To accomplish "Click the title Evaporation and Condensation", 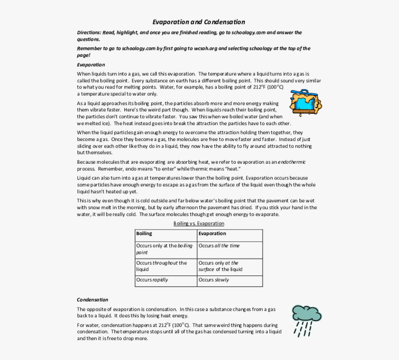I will (x=199, y=22).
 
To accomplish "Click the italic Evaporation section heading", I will (x=91, y=64).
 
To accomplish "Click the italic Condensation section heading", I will (x=92, y=300).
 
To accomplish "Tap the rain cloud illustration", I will (x=306, y=320).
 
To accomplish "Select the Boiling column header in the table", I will (x=144, y=234).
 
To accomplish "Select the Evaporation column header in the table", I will (x=212, y=234).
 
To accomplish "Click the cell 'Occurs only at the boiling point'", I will (x=165, y=249).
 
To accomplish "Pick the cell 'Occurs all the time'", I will (x=229, y=246).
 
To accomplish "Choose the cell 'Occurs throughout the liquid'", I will (x=165, y=266).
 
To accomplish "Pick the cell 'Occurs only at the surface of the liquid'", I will (x=229, y=266).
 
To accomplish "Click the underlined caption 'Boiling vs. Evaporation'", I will (x=199, y=224).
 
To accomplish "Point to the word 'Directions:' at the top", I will (x=89, y=33).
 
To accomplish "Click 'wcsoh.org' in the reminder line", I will (x=204, y=48).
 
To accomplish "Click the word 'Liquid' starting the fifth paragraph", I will (x=84, y=178).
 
